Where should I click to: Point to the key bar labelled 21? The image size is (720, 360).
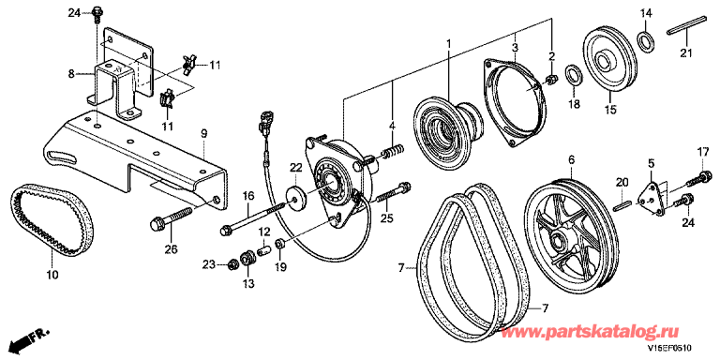pos(686,24)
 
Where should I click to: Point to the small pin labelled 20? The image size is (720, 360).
pos(622,202)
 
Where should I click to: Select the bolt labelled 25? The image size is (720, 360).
pos(393,193)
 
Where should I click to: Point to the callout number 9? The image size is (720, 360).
pos(203,134)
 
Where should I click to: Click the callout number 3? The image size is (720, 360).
pos(516,47)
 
